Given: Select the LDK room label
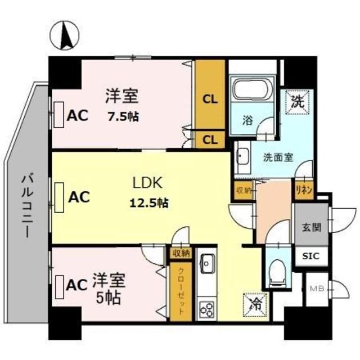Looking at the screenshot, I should [147, 183].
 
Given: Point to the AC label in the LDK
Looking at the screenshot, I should [78, 197].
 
